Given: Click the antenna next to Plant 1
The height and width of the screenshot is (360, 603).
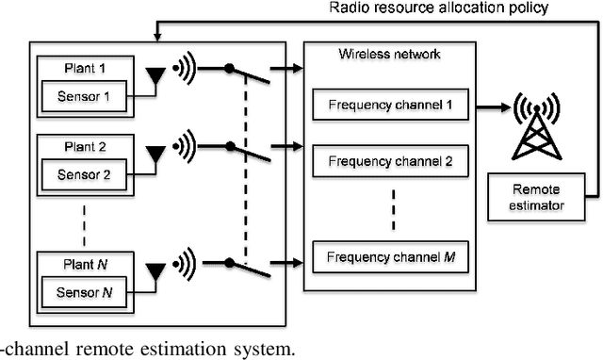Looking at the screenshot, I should (155, 78).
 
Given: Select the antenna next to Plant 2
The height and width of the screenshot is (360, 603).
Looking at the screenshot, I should (155, 155).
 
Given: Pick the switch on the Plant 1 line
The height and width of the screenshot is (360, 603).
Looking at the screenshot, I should (248, 74).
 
